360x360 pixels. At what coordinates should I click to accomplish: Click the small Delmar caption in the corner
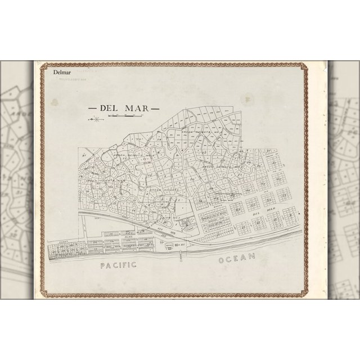click(61, 72)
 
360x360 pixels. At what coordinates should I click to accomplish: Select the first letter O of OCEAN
click(221, 260)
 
